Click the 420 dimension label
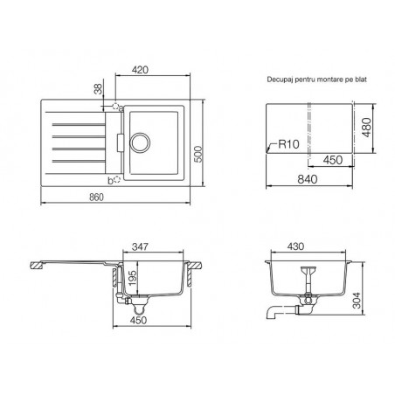pos(140,70)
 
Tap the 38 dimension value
pos(99,89)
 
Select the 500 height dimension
pos(198,155)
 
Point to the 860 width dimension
pos(96,197)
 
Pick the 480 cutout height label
pos(366,128)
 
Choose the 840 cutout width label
pos(308,179)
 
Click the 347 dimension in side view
pos(140,246)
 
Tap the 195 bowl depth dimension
pos(132,279)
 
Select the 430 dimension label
pos(295,246)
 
